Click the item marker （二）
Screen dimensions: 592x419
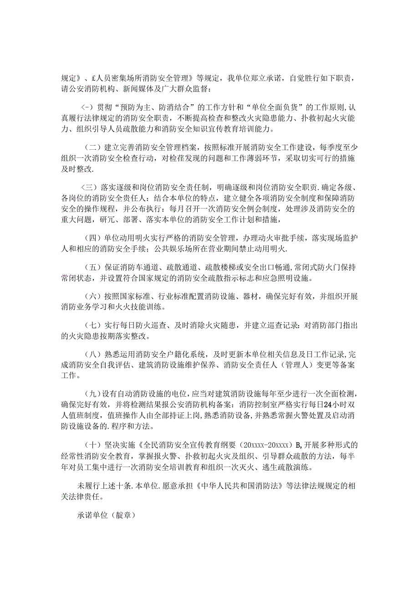pyautogui.click(x=92, y=147)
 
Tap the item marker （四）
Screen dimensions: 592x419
pyautogui.click(x=92, y=238)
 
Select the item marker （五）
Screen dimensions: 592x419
pyautogui.click(x=92, y=267)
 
